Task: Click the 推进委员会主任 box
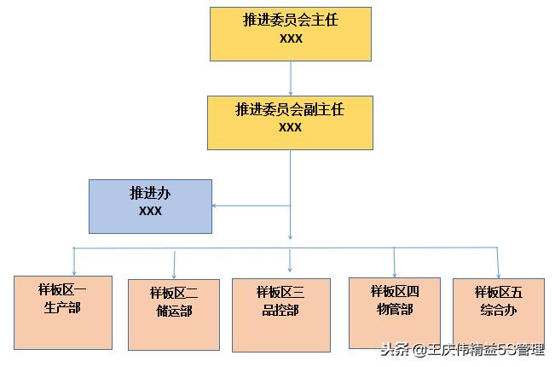[290, 34]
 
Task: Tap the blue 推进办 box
[150, 206]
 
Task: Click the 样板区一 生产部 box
[63, 312]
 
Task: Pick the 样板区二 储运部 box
[174, 314]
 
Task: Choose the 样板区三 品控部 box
[280, 314]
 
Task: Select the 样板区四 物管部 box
[395, 312]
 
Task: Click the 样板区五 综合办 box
[498, 313]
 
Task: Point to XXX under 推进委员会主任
[290, 39]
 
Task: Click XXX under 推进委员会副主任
[290, 127]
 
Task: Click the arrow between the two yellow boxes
[291, 78]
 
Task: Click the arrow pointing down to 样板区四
[394, 262]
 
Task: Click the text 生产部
[62, 307]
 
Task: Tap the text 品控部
[280, 310]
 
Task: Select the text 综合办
[499, 310]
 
